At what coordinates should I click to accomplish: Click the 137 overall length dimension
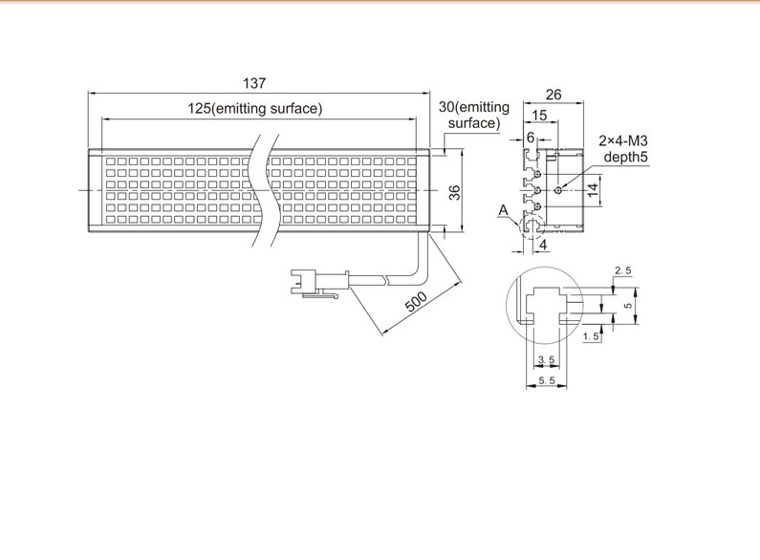click(x=254, y=83)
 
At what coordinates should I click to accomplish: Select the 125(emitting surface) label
click(x=255, y=109)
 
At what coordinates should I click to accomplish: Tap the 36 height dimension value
click(x=455, y=193)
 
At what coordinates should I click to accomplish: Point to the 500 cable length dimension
click(x=416, y=301)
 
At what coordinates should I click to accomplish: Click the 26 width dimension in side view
click(x=554, y=95)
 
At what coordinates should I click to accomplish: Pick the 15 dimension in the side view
click(x=539, y=116)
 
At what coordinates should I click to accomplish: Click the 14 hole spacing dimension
click(x=593, y=190)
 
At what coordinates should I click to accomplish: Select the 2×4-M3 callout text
click(x=623, y=141)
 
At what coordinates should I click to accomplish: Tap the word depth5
click(x=625, y=157)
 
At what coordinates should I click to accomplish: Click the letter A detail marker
click(x=504, y=209)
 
